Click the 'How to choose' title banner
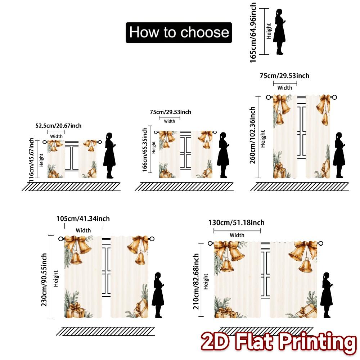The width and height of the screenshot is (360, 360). pyautogui.click(x=179, y=32)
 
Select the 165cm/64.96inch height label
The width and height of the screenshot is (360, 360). pyautogui.click(x=253, y=32)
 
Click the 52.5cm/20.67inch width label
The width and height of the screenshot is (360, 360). pyautogui.click(x=58, y=126)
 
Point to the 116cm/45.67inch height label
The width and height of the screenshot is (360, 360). pyautogui.click(x=32, y=158)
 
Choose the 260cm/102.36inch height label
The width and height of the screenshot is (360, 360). pyautogui.click(x=253, y=135)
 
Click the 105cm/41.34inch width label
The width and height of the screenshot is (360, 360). pyautogui.click(x=83, y=219)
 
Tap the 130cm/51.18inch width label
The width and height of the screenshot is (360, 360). pyautogui.click(x=237, y=223)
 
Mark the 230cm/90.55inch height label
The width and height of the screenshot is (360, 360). pyautogui.click(x=44, y=280)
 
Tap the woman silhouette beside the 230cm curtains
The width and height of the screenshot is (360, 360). pyautogui.click(x=158, y=295)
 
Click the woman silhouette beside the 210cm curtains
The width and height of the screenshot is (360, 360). pyautogui.click(x=326, y=295)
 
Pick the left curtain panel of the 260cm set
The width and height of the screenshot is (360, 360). pyautogui.click(x=284, y=137)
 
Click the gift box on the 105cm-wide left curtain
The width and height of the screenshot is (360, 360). pyautogui.click(x=76, y=311)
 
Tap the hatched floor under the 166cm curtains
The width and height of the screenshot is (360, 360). pyautogui.click(x=184, y=186)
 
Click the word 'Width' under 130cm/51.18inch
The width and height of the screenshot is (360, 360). pyautogui.click(x=237, y=235)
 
